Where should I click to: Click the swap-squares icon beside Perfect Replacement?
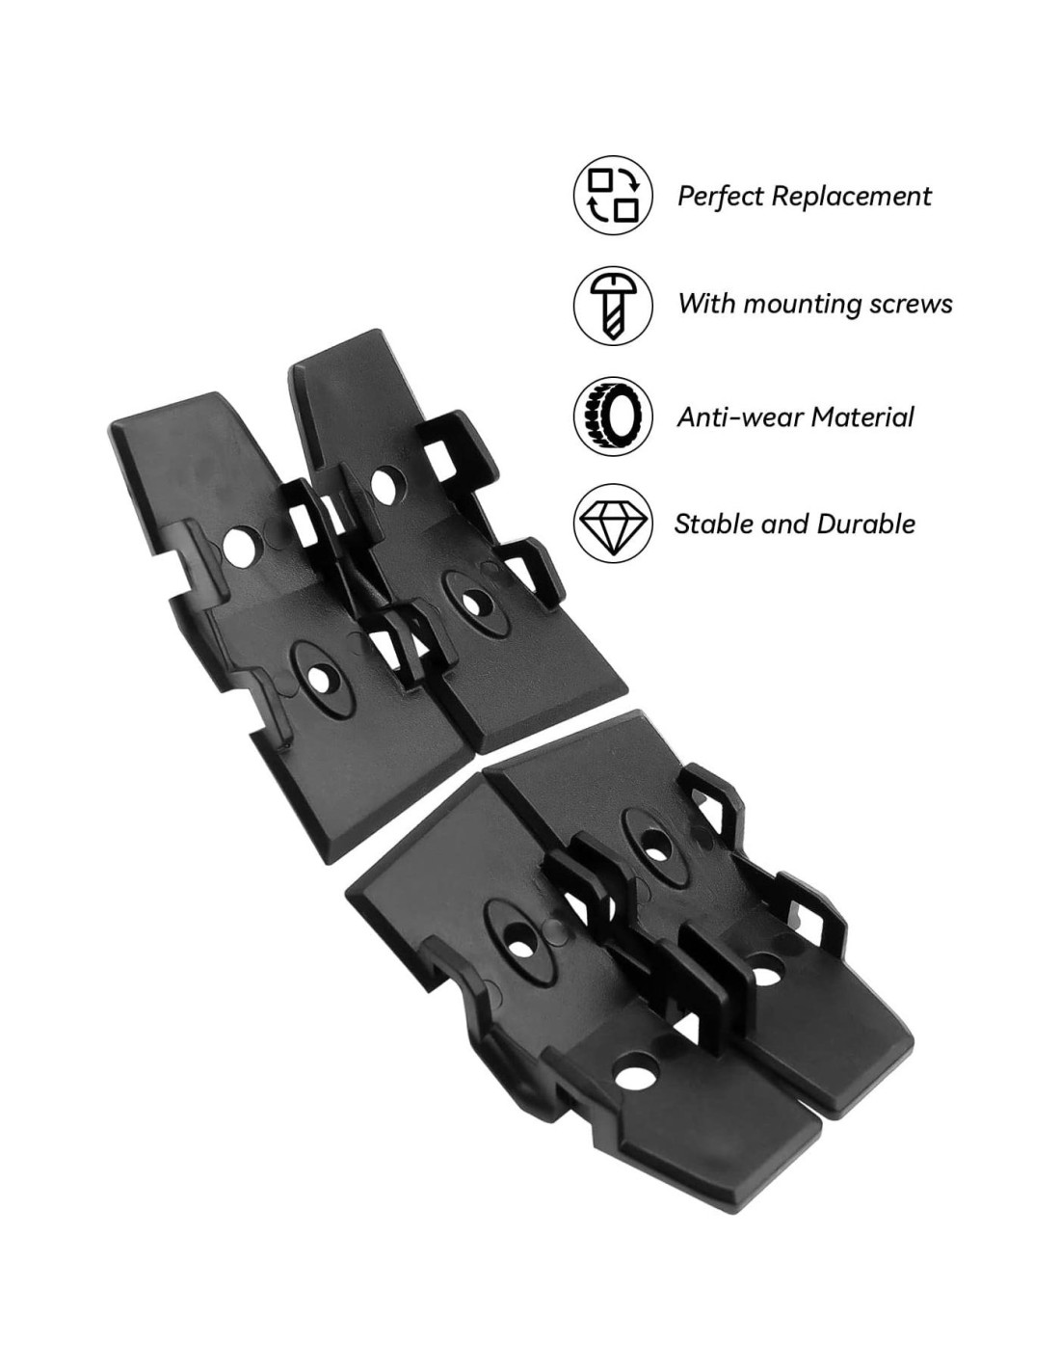point(612,195)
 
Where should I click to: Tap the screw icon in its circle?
point(612,305)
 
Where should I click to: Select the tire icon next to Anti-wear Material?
point(612,416)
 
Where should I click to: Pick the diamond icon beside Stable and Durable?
point(612,523)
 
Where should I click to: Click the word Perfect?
point(721,196)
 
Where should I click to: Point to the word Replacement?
point(851,197)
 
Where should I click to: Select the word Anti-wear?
point(739,417)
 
